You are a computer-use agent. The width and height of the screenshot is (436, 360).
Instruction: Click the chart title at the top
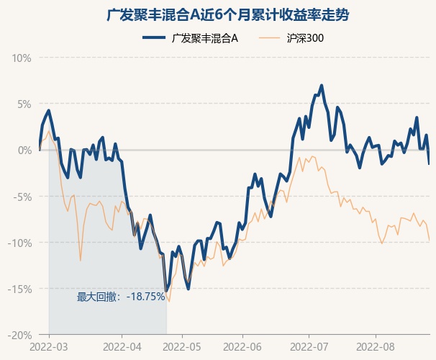tap(218, 15)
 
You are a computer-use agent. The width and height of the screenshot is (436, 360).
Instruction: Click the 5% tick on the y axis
tap(24, 104)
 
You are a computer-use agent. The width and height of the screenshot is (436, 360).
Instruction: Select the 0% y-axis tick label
tap(24, 150)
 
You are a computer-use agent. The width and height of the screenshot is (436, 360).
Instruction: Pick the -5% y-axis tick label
tap(23, 197)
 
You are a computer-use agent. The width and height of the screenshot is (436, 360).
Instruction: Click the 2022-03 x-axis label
tap(49, 346)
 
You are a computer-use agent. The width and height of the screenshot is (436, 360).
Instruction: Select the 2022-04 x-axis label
tap(122, 346)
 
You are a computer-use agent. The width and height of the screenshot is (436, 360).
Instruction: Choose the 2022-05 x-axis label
tap(182, 346)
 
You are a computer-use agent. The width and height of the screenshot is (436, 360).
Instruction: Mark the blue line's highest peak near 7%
tap(321, 86)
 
